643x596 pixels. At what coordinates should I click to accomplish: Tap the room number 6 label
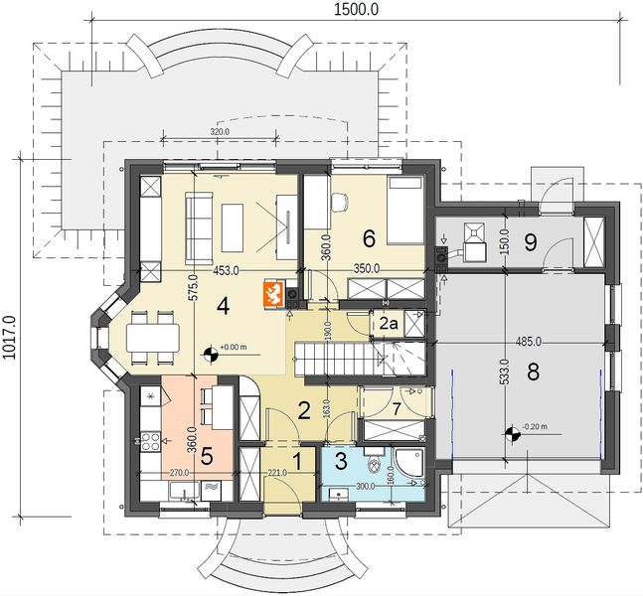point(369,237)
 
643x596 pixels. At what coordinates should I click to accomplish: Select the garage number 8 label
point(533,372)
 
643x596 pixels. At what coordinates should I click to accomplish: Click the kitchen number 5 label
point(208,456)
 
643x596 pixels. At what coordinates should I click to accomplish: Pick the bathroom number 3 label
point(342,462)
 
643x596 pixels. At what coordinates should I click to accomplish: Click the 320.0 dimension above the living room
point(221,131)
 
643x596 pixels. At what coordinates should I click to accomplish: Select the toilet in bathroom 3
point(374,465)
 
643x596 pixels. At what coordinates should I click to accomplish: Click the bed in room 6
point(404,211)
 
